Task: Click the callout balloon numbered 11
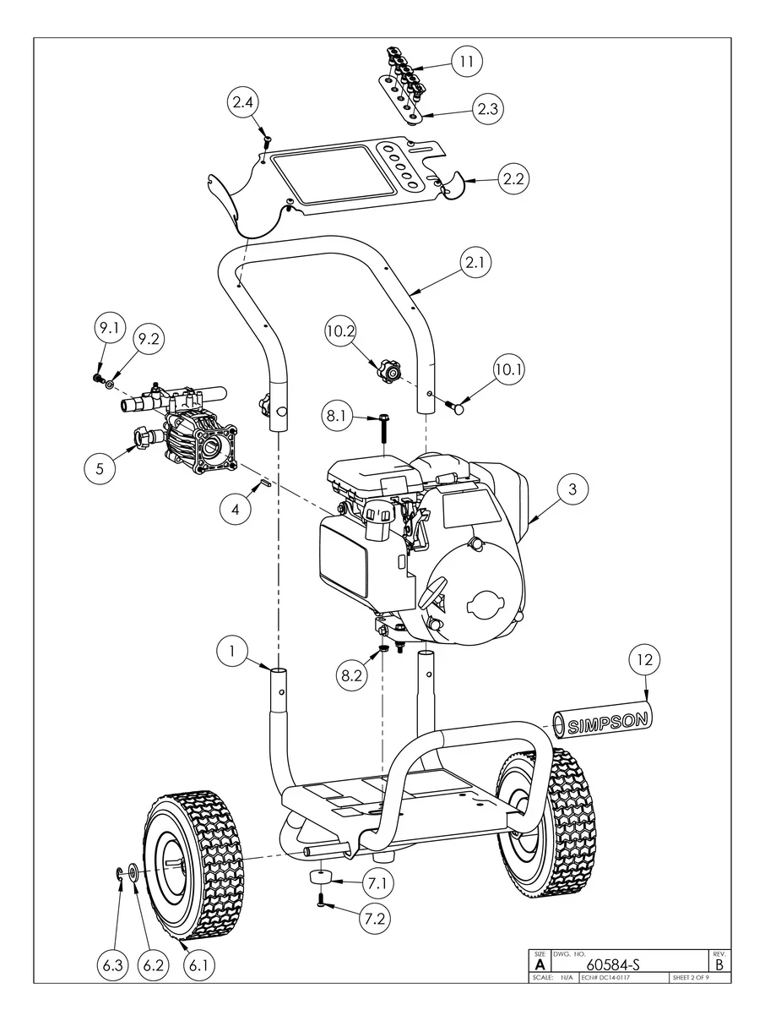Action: [466, 61]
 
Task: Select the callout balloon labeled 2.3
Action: [488, 108]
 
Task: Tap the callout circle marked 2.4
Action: [243, 102]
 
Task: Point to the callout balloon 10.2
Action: [340, 331]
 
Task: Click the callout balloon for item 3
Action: [572, 489]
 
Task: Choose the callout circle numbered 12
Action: [645, 659]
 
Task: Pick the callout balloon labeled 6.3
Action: [112, 965]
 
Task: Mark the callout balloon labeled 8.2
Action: [351, 675]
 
